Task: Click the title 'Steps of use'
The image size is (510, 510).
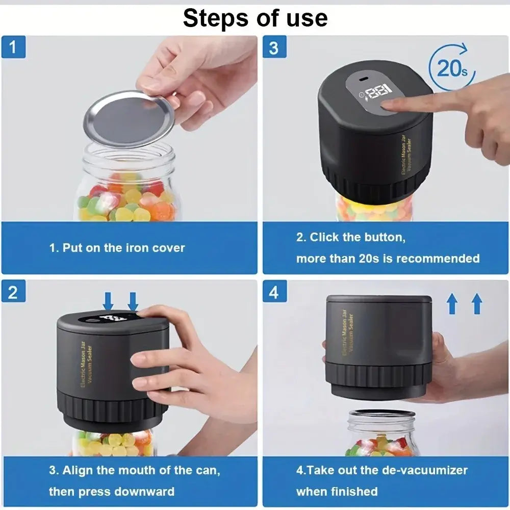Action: pos(255,18)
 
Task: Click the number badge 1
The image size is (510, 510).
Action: pos(13,48)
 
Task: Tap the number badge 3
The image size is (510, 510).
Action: pos(274,48)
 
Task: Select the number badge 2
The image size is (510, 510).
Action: pos(13,292)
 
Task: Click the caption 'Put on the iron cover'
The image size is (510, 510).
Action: pos(117,248)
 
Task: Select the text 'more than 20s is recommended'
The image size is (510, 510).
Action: pos(388,259)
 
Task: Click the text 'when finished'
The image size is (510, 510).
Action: pos(337,492)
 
